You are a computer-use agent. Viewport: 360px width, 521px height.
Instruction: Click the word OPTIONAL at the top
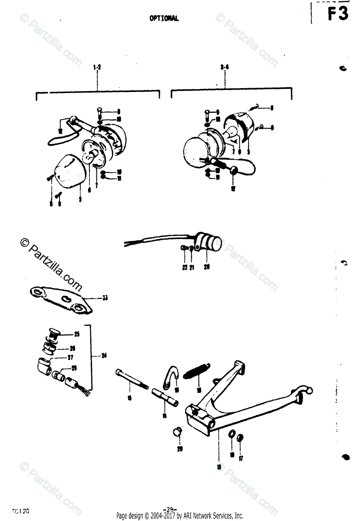point(164,18)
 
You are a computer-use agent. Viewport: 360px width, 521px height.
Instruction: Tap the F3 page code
point(337,14)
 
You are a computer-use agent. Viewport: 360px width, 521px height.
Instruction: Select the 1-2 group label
point(97,67)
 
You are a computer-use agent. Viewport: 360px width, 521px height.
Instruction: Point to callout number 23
point(105,298)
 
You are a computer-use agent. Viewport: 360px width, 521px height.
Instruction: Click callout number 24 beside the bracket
point(103,356)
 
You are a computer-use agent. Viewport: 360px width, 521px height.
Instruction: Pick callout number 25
point(77,334)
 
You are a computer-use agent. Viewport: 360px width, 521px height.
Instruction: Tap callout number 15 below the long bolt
point(129,398)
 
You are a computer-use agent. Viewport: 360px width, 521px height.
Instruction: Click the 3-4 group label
point(225,67)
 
